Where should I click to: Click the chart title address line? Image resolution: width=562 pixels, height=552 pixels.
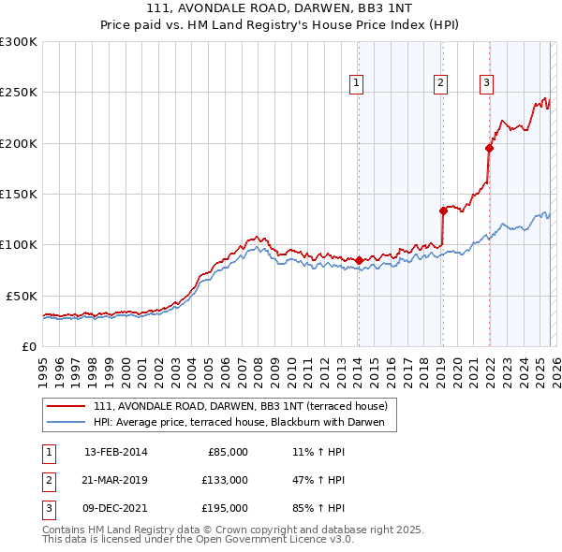click(280, 7)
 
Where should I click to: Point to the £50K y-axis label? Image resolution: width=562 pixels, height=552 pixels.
click(20, 295)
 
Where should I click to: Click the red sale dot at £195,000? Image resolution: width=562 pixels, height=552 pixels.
click(489, 148)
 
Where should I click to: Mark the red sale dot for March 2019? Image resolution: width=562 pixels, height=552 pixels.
click(443, 211)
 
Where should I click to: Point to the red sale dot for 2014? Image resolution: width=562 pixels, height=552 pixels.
click(359, 259)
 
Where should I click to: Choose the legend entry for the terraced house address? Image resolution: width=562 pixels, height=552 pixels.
click(245, 406)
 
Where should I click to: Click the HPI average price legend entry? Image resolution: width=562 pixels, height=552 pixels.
click(245, 423)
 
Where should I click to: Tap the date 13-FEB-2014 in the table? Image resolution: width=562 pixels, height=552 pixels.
click(115, 452)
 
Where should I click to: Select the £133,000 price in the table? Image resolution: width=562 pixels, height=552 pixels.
click(225, 480)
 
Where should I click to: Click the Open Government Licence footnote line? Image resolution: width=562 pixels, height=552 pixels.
click(198, 539)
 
